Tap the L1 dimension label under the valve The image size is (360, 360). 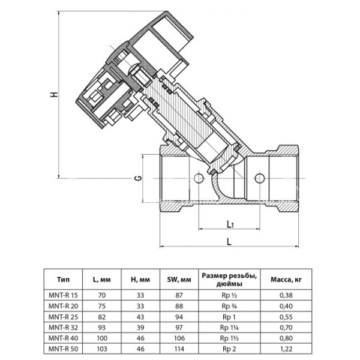coord(230,224)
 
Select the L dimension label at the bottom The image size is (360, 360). coord(229,241)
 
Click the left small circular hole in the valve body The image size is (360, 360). coord(199,178)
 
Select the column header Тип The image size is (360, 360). coord(62,279)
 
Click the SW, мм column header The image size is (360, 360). coord(177,279)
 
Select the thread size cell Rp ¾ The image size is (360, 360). coord(229,305)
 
